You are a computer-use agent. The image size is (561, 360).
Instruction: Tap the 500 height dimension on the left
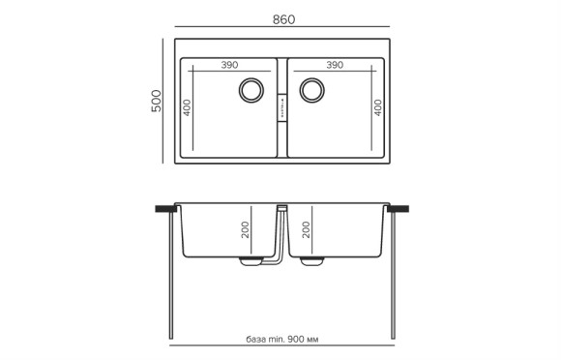coord(155,102)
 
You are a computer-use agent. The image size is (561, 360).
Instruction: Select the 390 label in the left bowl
coord(229,65)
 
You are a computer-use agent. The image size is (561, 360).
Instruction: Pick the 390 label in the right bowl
coord(335,65)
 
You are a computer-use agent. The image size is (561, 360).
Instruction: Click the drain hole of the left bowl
coord(251,90)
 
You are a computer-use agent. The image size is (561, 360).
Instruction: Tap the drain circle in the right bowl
coord(312,90)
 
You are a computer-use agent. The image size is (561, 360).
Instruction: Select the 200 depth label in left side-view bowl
coord(246,230)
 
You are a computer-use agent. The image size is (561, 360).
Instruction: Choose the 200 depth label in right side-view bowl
coord(308,230)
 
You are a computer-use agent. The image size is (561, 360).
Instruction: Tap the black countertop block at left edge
coord(164,208)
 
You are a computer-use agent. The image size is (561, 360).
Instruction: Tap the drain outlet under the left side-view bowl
coord(251,261)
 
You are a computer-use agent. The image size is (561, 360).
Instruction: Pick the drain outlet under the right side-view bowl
coord(313,261)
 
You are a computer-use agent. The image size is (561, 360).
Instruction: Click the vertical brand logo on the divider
coord(281,102)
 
